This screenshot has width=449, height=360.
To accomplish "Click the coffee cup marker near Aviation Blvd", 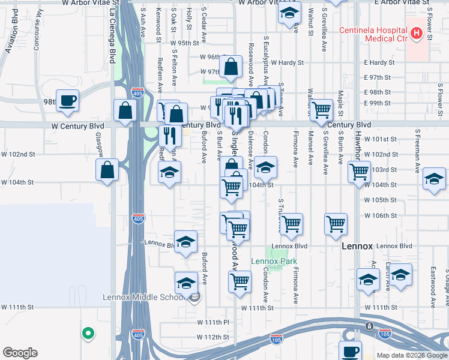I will (x=68, y=101).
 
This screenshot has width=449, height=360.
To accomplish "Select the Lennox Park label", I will (x=274, y=262).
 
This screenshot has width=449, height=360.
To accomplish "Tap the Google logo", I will (x=20, y=353).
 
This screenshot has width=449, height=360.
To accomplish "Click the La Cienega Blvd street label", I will (x=112, y=36).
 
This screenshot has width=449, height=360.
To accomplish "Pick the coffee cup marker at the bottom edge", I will (x=350, y=350).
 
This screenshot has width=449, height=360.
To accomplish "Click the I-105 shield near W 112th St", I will (x=277, y=338).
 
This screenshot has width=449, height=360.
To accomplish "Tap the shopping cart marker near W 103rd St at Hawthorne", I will (x=359, y=171).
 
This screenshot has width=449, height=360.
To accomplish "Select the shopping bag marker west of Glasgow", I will (x=107, y=169).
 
